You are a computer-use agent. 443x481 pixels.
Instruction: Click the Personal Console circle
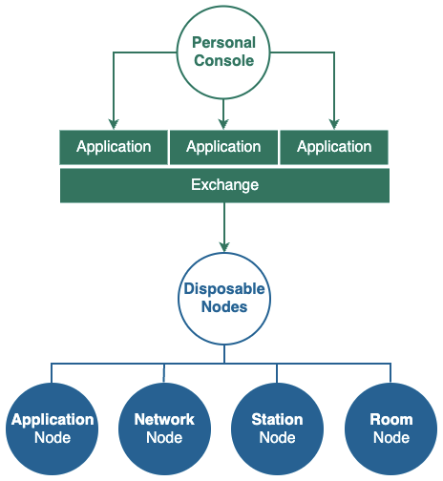point(223,52)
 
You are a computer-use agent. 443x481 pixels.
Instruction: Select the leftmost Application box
point(114,147)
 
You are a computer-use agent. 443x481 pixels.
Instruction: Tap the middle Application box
point(223,147)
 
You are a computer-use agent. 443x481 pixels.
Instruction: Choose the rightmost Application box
point(334,147)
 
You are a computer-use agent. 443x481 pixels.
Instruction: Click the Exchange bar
point(224,185)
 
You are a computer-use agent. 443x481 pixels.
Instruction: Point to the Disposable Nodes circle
point(224,299)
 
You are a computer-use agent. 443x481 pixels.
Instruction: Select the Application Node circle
point(52,429)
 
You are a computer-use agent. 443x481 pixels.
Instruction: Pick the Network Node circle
point(164,429)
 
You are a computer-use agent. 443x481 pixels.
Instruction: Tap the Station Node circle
point(277,429)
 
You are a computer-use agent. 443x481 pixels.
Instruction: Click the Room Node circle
point(391,429)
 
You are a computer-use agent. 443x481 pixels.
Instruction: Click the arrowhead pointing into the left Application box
point(114,124)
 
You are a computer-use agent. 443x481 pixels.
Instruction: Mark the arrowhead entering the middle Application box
point(223,124)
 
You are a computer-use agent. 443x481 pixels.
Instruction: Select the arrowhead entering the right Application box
point(334,124)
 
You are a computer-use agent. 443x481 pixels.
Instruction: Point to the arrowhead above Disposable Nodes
point(224,246)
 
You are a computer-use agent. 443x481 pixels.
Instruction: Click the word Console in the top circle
point(224,60)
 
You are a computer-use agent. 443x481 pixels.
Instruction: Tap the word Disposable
point(224,289)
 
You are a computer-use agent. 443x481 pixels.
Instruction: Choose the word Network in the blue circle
point(164,419)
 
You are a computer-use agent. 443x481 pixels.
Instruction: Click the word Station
point(277,419)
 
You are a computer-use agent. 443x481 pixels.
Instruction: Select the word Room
point(391,419)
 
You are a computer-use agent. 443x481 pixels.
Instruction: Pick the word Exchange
point(224,185)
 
